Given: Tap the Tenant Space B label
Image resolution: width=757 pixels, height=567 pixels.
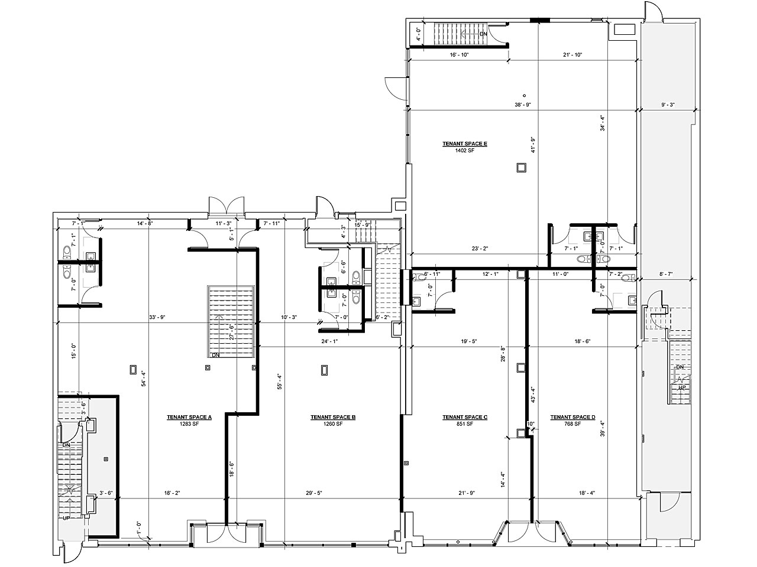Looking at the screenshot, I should pyautogui.click(x=333, y=417).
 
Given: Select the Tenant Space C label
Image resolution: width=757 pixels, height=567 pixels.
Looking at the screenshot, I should pyautogui.click(x=465, y=417).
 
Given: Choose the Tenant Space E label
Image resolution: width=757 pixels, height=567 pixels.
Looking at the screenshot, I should pyautogui.click(x=465, y=144).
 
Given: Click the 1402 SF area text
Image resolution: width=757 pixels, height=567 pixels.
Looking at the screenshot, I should pyautogui.click(x=465, y=151).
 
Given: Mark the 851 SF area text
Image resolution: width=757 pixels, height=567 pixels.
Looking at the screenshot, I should pyautogui.click(x=465, y=424).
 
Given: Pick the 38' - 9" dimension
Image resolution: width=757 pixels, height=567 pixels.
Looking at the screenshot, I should pyautogui.click(x=524, y=105).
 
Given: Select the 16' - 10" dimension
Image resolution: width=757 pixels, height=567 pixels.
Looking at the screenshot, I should pyautogui.click(x=459, y=55).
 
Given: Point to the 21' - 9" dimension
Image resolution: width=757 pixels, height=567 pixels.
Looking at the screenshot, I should pyautogui.click(x=467, y=493).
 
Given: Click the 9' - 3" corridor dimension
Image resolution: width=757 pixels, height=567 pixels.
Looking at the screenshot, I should pyautogui.click(x=668, y=105).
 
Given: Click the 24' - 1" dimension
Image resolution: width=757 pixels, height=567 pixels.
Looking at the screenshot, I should pyautogui.click(x=329, y=341).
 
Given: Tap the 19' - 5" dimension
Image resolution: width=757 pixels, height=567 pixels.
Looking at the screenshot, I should pyautogui.click(x=467, y=341).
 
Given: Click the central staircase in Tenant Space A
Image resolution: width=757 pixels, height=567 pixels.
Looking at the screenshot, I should pyautogui.click(x=231, y=322).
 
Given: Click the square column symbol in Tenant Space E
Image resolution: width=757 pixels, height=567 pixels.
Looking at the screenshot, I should pyautogui.click(x=521, y=168).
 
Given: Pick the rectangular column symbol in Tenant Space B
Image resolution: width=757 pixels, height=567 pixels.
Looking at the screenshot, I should pyautogui.click(x=324, y=370).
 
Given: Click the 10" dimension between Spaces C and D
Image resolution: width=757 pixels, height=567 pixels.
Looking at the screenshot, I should pyautogui.click(x=530, y=423).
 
